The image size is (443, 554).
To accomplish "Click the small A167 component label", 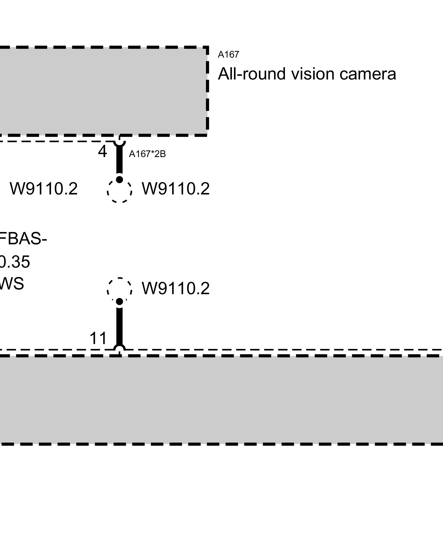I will tap(228, 55).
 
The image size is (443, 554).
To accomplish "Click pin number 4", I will tap(102, 152).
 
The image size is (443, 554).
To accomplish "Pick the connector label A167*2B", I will tap(147, 154).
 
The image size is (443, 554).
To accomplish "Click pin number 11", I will tap(98, 338).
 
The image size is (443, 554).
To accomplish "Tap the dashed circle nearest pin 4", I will tap(119, 191).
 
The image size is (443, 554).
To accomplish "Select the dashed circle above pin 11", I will tap(119, 289).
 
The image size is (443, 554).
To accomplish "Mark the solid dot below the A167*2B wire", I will tap(119, 179).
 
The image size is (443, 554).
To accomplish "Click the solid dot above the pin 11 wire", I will tap(119, 302).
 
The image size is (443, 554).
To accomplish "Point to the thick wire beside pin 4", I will tap(119, 161).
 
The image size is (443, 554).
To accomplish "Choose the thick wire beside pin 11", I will tap(119, 325).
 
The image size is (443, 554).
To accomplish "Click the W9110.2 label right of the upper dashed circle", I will tap(176, 189).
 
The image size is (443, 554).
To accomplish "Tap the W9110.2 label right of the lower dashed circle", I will tap(176, 289).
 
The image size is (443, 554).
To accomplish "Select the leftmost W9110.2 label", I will tap(44, 189).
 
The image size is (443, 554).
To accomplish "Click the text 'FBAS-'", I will tap(23, 239).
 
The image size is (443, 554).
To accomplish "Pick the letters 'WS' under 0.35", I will tap(12, 284).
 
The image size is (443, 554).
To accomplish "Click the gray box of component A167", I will tap(102, 91).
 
